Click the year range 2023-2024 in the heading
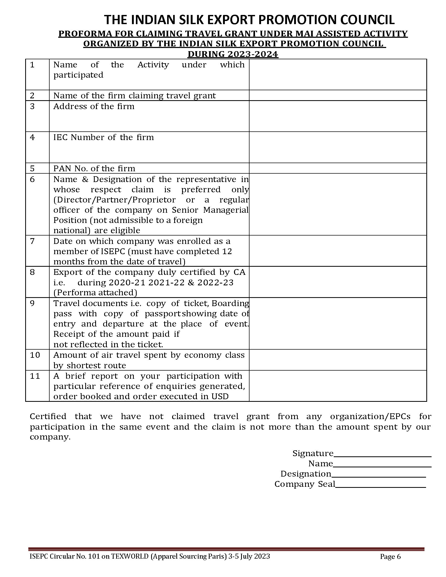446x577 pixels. click(252, 54)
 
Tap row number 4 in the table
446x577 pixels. click(32, 137)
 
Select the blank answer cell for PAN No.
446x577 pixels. click(338, 168)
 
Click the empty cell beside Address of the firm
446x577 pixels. click(338, 116)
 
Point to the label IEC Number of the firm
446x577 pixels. click(104, 137)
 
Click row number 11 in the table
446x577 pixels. click(35, 376)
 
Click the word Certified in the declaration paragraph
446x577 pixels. click(48, 417)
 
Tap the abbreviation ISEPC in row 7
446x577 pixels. click(113, 252)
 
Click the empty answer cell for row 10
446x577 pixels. click(338, 360)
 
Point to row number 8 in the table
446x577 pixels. click(32, 272)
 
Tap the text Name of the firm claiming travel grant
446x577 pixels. click(135, 96)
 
